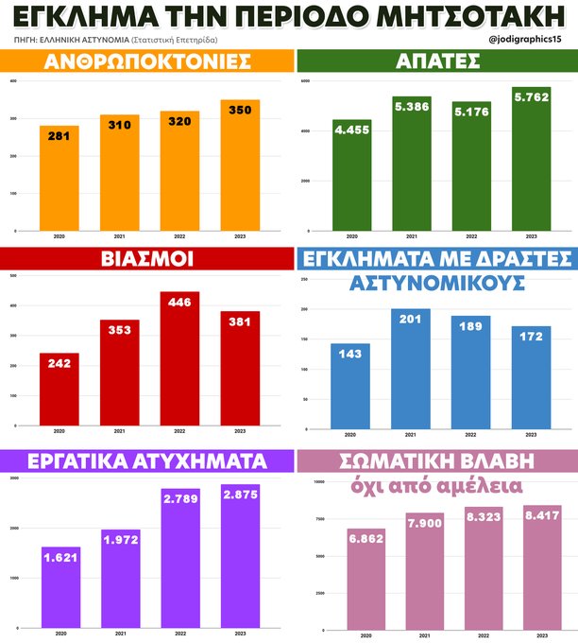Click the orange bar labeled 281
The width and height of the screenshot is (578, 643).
pos(59,180)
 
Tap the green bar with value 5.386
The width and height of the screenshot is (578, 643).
pos(412,165)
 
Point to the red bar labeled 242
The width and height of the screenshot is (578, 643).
pos(59,392)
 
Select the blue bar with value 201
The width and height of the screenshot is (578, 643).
pos(412,369)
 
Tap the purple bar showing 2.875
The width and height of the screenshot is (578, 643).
pos(240,558)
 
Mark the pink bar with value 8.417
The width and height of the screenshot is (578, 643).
pos(531,567)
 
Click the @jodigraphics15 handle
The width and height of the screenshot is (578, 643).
pos(531,40)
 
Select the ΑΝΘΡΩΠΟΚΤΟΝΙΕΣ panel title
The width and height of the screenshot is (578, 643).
pos(146,62)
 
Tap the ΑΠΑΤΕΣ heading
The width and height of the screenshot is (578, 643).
pos(437,62)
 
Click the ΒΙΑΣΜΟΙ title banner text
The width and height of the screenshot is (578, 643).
pos(146,259)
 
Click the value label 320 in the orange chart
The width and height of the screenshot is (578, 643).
pos(179,121)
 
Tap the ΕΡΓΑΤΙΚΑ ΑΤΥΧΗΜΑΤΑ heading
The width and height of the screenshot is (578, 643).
pos(146,461)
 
